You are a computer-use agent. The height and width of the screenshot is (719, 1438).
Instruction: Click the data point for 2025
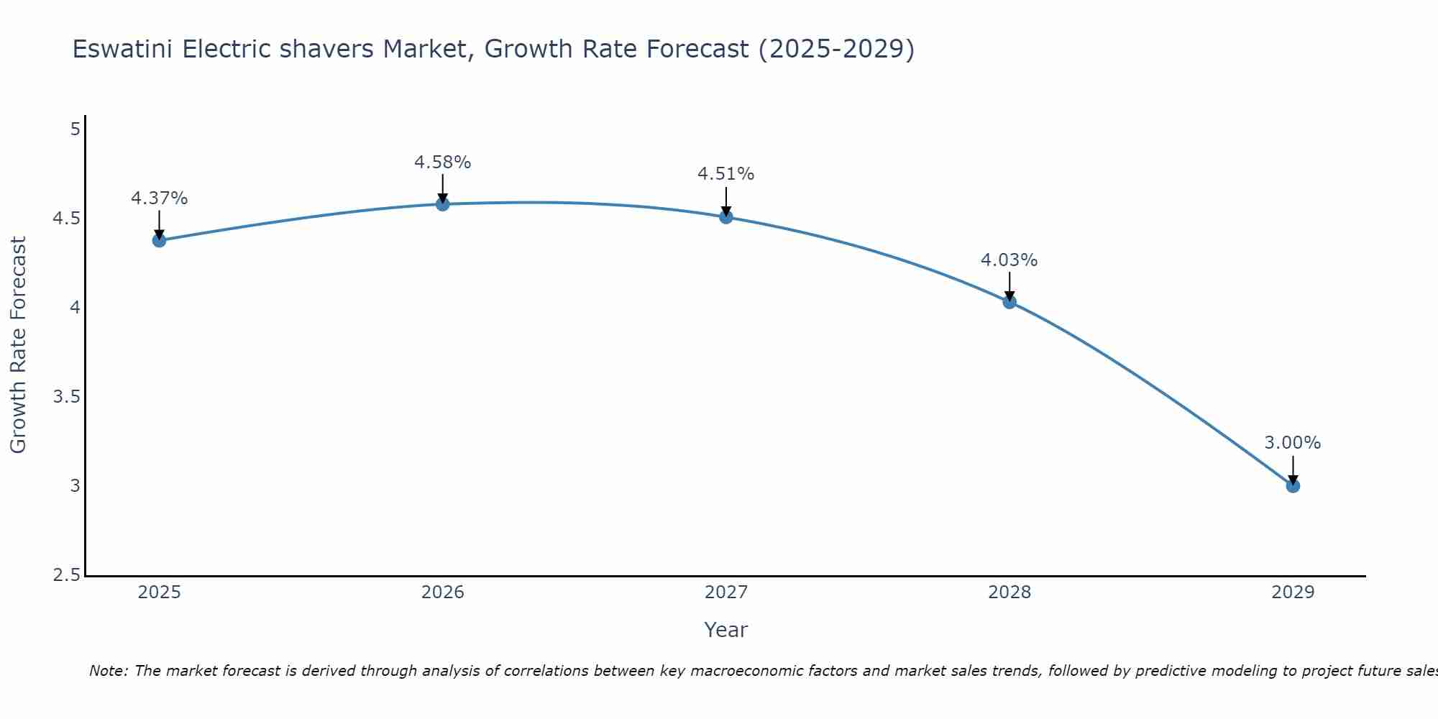[x=159, y=240]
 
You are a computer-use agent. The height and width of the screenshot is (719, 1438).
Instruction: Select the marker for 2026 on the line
[x=442, y=204]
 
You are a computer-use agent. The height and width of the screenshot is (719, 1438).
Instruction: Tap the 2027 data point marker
[x=726, y=216]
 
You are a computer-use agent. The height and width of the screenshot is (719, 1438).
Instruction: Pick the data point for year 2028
[x=1009, y=302]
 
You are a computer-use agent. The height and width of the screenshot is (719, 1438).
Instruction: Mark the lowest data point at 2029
[x=1293, y=486]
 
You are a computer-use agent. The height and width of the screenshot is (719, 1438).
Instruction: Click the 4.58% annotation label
[x=442, y=162]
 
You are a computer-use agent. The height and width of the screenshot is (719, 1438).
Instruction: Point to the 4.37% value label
[x=159, y=198]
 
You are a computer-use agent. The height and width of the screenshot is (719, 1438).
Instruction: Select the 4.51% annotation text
[x=726, y=174]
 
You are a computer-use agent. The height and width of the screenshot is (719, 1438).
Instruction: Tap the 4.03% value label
[x=1009, y=260]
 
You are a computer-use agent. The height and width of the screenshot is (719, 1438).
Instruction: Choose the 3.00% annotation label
[x=1293, y=443]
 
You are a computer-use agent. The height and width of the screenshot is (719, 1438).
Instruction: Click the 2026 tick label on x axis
[x=442, y=592]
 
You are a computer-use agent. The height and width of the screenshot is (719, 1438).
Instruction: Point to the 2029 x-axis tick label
[x=1293, y=592]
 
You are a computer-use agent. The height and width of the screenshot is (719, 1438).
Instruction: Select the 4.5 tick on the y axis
[x=66, y=219]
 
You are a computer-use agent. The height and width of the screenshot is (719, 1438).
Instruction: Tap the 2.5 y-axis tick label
[x=66, y=575]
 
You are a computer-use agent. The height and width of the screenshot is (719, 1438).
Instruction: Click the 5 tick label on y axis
[x=75, y=129]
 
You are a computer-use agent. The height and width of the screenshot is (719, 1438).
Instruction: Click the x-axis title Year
[x=726, y=630]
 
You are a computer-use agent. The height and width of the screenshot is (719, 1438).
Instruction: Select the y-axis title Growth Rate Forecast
[x=18, y=345]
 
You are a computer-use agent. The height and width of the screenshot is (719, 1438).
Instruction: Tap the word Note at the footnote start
[x=108, y=671]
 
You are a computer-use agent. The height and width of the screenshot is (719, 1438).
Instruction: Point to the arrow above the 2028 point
[x=1009, y=286]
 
